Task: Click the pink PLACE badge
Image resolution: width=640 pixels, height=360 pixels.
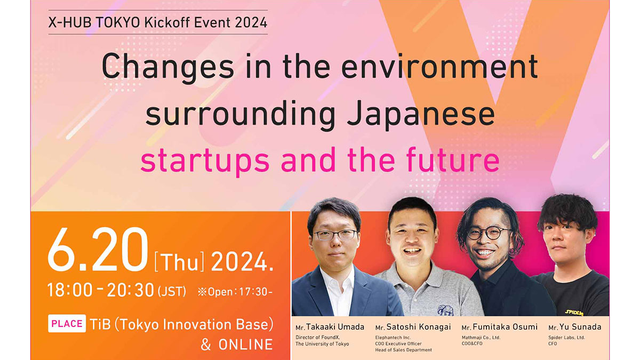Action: click(67, 323)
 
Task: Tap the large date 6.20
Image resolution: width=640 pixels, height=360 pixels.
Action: click(98, 250)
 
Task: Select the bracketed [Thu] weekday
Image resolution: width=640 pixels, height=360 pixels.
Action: click(179, 261)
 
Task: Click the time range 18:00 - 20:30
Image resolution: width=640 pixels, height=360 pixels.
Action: click(101, 290)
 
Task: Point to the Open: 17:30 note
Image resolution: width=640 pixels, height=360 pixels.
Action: click(235, 292)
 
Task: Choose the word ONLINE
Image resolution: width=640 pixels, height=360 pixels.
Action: click(245, 345)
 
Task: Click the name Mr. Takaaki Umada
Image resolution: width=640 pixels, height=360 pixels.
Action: click(330, 327)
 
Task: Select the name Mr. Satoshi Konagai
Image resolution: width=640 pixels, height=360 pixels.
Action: click(413, 327)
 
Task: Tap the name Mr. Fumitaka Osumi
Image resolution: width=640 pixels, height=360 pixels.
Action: click(499, 327)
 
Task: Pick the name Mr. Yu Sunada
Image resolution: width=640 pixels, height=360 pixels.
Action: click(575, 327)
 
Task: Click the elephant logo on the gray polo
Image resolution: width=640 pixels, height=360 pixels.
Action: click(445, 310)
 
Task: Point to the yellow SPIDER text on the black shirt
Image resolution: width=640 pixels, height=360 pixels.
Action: click(574, 313)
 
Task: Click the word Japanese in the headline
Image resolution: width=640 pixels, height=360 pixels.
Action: click(421, 115)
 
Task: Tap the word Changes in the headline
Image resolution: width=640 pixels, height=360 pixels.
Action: click(167, 67)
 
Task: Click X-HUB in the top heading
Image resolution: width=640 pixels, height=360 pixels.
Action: click(69, 22)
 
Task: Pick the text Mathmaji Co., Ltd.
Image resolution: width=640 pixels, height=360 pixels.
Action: click(481, 338)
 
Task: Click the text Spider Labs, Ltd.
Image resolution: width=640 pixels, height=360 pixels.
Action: click(566, 338)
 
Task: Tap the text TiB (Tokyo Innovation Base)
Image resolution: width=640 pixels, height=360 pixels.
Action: click(182, 325)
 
